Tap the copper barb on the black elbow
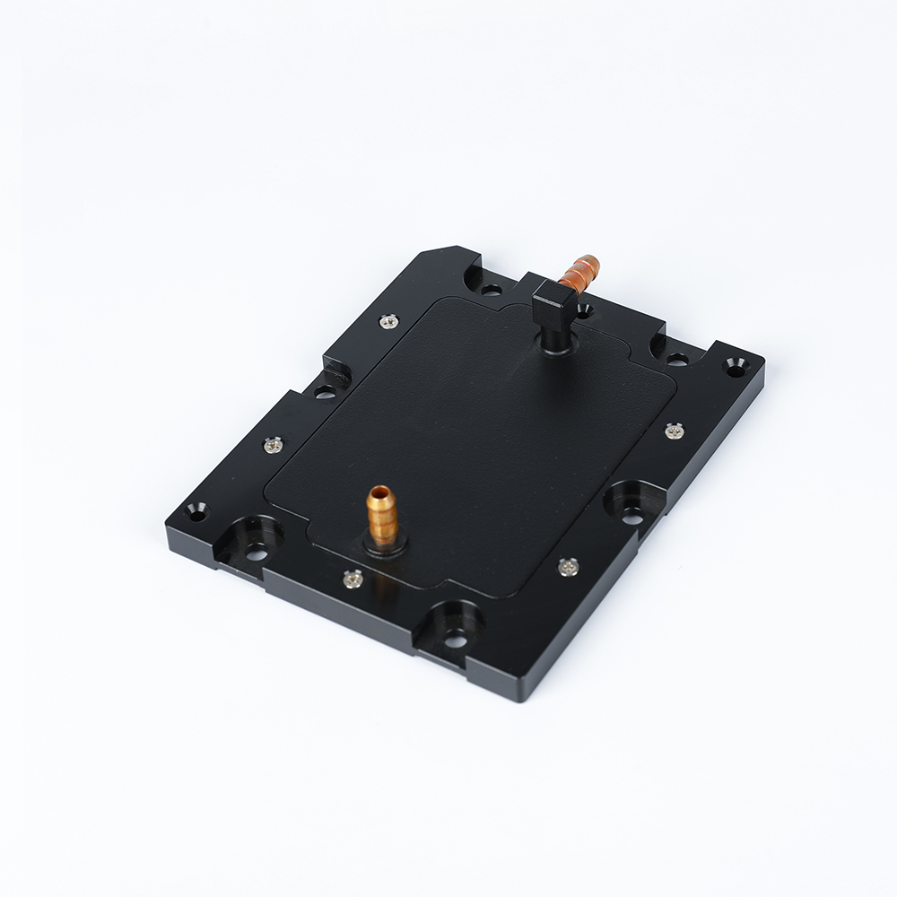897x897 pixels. [x=578, y=271]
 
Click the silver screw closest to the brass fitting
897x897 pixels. [x=352, y=579]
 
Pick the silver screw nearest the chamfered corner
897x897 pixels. [x=387, y=319]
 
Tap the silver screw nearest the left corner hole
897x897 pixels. [x=273, y=443]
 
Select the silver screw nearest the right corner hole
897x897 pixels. [x=675, y=431]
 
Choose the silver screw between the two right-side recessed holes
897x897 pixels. [x=567, y=565]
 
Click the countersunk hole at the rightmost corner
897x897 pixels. [x=736, y=368]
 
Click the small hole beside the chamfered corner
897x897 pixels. [x=490, y=290]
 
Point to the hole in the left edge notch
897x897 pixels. [x=324, y=391]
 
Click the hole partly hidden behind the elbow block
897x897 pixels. [x=584, y=310]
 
